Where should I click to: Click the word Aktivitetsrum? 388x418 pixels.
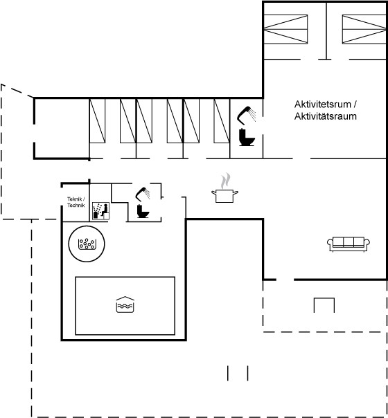322,104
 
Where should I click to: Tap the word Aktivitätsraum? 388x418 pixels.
325,116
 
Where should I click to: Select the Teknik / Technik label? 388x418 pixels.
76,202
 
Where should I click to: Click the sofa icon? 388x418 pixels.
349,244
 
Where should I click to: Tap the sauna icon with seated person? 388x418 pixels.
100,211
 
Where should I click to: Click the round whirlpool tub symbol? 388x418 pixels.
87,244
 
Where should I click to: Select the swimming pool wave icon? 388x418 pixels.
125,305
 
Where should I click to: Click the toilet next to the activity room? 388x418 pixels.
247,137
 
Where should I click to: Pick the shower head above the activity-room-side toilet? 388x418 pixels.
246,115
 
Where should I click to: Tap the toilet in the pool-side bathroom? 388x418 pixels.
143,211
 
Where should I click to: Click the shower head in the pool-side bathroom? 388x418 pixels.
143,194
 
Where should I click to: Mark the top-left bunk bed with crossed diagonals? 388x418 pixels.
285,29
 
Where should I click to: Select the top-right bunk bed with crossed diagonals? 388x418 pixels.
364,29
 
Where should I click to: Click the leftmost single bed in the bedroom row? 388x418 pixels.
98,120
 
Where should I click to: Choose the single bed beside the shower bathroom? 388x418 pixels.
222,120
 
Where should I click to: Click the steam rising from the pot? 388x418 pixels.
225,181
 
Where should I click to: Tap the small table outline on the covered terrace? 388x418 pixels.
324,305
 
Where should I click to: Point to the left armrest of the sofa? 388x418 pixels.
330,243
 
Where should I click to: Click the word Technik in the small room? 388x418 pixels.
76,205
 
